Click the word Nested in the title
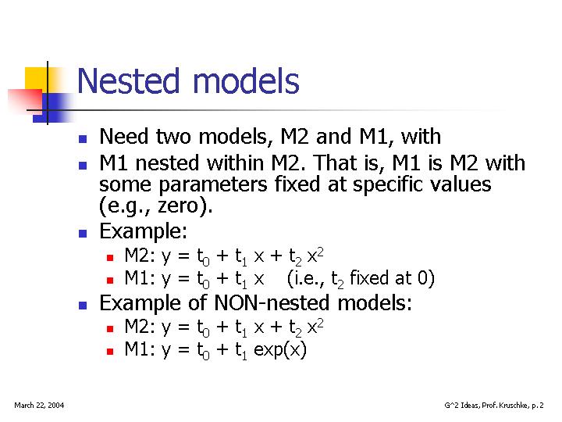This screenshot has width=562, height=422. (x=128, y=80)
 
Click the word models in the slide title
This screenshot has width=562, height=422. (x=246, y=80)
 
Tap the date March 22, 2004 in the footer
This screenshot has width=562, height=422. (x=39, y=405)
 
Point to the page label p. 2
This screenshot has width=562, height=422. (x=538, y=406)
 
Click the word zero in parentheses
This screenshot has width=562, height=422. (x=178, y=206)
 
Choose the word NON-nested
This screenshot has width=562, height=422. (x=272, y=302)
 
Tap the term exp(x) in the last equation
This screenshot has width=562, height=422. (x=280, y=349)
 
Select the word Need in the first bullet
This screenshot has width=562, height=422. (x=124, y=136)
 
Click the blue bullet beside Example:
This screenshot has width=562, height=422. (x=83, y=234)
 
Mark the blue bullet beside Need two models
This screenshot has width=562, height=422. (x=83, y=139)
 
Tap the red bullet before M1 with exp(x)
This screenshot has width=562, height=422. (x=110, y=352)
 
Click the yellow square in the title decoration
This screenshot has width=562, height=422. (x=36, y=80)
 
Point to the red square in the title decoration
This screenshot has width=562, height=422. (x=27, y=101)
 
